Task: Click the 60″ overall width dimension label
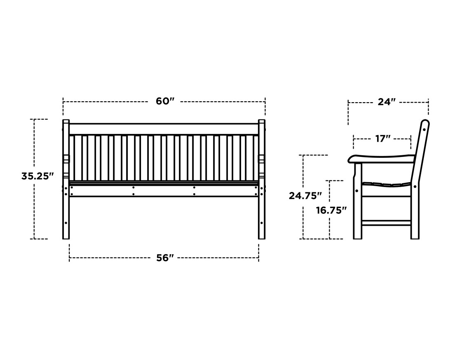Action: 165,101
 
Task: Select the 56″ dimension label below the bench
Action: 165,258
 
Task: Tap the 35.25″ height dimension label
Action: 37,176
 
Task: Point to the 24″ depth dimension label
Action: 387,102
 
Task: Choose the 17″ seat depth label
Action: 383,139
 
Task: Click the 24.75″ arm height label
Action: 305,196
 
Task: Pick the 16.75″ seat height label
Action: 331,210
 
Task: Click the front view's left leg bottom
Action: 66,238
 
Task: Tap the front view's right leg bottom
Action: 262,238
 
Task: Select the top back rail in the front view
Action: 164,129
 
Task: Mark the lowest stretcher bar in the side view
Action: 386,222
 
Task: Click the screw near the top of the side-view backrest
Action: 424,130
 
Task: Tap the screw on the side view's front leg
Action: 357,191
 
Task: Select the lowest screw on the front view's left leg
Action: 66,222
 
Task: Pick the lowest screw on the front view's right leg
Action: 261,222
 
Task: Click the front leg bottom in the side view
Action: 358,238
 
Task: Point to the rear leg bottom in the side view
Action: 415,238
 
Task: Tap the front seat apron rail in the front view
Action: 164,191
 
